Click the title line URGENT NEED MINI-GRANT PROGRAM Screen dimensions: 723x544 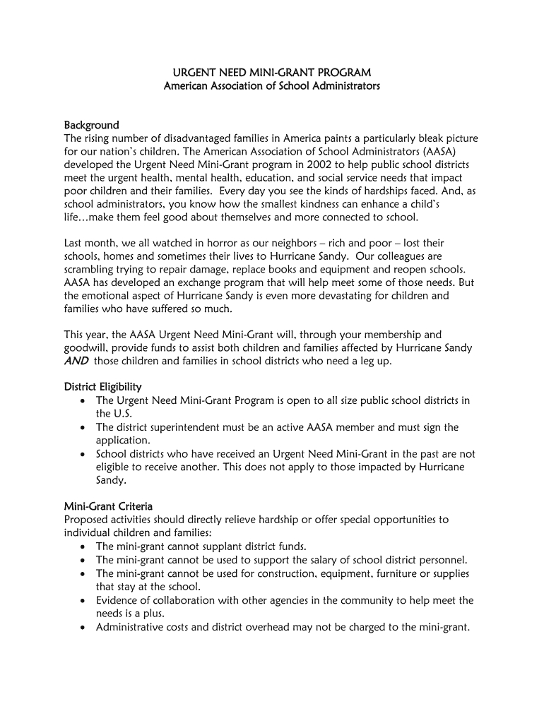272,73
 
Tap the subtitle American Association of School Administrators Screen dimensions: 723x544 272,86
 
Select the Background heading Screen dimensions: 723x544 91,125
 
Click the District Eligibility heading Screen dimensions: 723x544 103,387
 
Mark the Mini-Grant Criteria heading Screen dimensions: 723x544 108,506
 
